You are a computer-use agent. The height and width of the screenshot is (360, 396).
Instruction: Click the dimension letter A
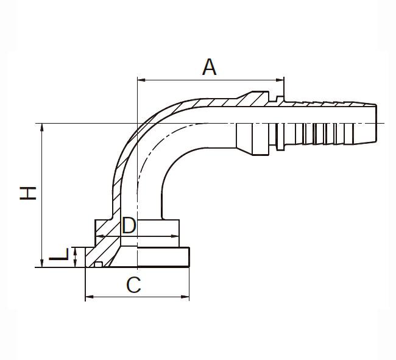click(210, 67)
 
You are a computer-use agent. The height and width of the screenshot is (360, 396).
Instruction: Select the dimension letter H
click(28, 193)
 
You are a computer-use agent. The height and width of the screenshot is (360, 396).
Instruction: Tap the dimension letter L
click(58, 255)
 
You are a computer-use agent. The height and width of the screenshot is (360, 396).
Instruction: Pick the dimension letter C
click(133, 285)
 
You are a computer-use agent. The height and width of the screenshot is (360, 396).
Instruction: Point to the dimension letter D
click(129, 225)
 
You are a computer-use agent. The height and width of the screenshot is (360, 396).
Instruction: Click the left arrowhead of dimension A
click(141, 80)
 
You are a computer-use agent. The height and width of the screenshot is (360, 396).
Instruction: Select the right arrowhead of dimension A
click(280, 80)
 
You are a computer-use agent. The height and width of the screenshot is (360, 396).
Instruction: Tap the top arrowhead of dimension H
click(42, 127)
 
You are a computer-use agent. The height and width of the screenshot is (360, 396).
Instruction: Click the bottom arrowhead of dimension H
click(42, 263)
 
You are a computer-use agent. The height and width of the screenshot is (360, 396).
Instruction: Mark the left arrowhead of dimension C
click(90, 297)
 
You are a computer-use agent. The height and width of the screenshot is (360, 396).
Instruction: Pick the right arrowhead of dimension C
click(185, 297)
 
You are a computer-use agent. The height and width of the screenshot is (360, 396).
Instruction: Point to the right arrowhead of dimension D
click(175, 236)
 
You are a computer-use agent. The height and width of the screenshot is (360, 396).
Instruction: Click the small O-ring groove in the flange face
click(98, 264)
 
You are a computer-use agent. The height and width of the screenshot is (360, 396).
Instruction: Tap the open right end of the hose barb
click(377, 123)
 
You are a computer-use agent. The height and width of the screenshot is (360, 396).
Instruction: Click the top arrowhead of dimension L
click(75, 250)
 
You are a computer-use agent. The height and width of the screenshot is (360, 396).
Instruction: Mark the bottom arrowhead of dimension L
click(75, 264)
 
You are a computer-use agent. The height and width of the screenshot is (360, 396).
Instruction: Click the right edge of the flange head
click(189, 257)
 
